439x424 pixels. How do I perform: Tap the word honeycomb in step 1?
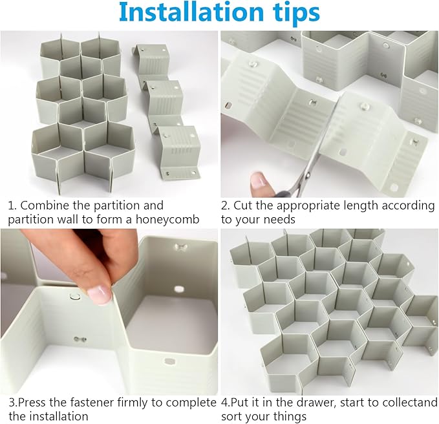(x=167, y=220)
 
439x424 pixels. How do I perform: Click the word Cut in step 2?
(x=243, y=206)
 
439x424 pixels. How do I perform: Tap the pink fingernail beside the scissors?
(x=258, y=180)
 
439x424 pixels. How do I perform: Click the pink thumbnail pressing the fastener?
(x=99, y=295)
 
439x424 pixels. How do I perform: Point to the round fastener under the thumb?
(x=74, y=297)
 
